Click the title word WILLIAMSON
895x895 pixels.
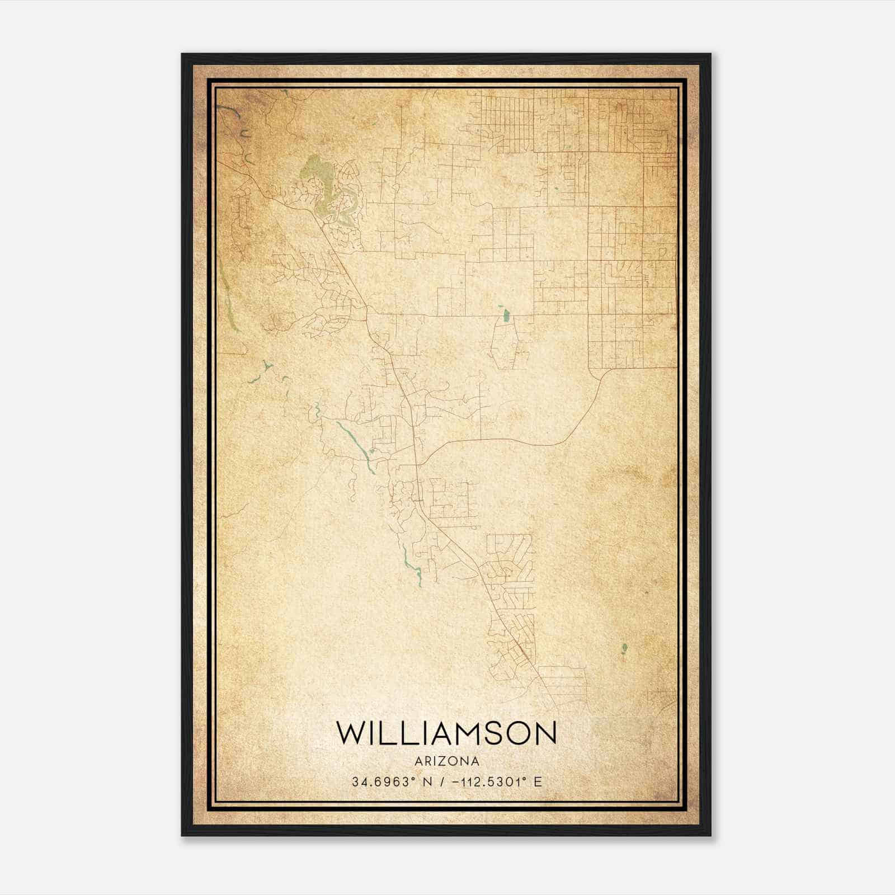(446, 733)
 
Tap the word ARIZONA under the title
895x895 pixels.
(446, 761)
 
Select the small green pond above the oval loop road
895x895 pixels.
(506, 315)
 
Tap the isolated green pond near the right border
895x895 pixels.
(624, 649)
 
